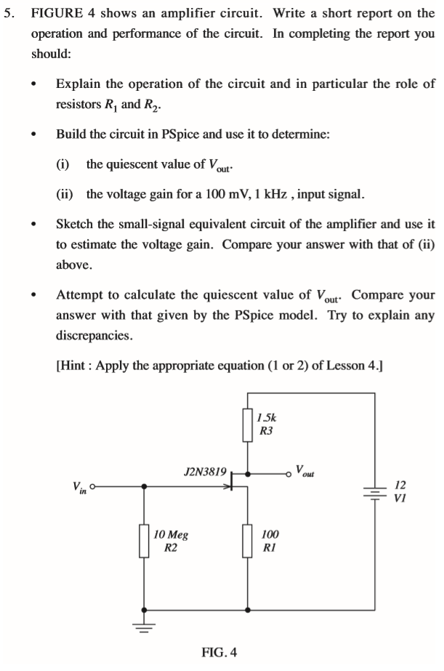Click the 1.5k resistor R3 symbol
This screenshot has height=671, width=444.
coord(249,425)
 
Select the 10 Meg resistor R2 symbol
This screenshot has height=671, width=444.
coord(145,542)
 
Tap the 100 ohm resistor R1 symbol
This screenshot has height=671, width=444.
coord(249,541)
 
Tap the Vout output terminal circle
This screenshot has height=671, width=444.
coord(288,473)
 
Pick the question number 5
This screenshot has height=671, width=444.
coord(9,14)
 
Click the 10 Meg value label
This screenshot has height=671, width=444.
coord(171,535)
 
